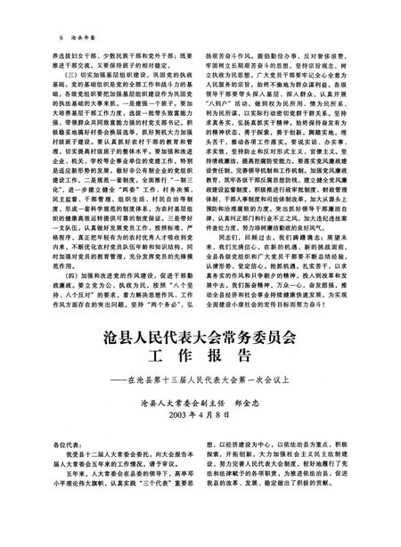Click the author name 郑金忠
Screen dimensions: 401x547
point(252,404)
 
